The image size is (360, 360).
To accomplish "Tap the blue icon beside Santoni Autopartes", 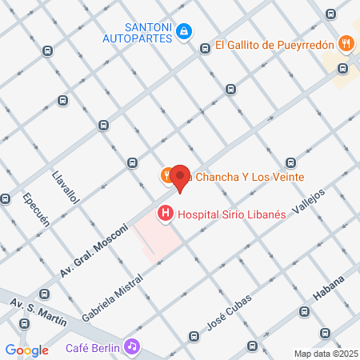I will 185,31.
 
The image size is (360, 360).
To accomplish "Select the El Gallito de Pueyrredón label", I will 274,46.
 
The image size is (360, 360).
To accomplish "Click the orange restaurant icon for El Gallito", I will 345,45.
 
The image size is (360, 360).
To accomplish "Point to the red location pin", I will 181,178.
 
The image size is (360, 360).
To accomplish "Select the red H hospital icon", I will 165,214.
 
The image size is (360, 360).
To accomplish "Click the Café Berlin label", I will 93,347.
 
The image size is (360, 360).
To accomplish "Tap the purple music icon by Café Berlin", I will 133,346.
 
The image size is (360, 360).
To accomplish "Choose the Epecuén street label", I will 37,210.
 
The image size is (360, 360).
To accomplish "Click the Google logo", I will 26,350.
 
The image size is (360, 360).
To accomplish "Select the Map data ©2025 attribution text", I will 326,354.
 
